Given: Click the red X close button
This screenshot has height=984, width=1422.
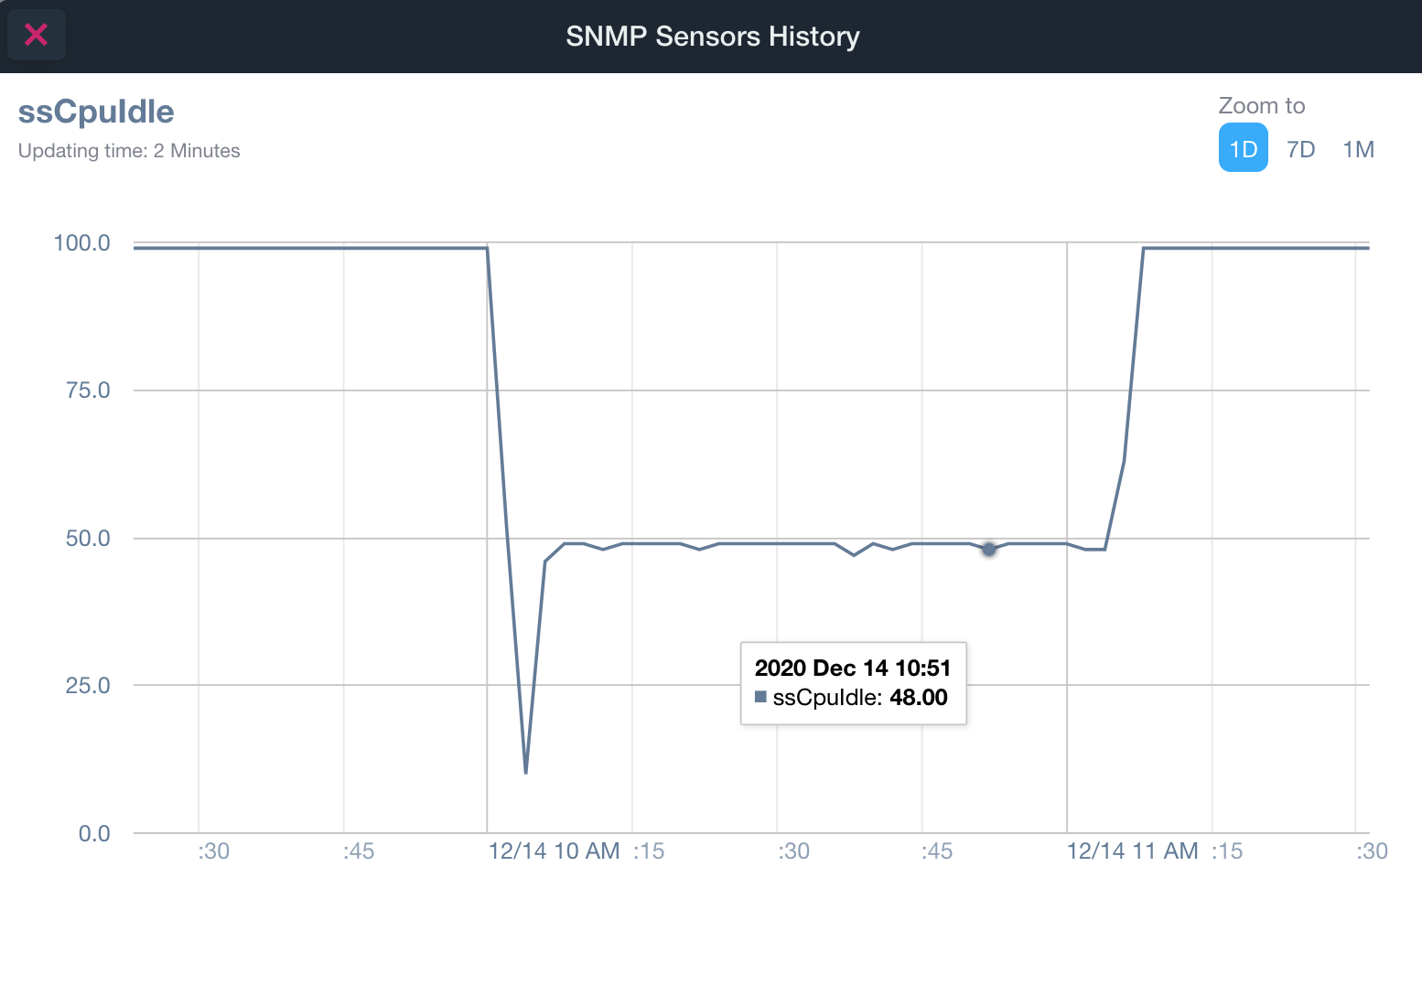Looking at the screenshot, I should click(36, 35).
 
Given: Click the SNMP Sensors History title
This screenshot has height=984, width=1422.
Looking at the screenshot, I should click(712, 37).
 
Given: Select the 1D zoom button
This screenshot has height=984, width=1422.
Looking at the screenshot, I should click(1243, 149).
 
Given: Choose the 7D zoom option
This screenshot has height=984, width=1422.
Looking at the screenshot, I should click(1300, 149).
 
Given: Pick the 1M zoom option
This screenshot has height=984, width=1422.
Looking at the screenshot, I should click(1358, 149).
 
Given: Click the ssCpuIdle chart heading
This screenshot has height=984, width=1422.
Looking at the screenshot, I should click(96, 112).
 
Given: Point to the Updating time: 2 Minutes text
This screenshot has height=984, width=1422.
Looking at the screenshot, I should click(129, 151).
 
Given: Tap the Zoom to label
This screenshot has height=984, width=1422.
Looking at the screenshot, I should click(1261, 106).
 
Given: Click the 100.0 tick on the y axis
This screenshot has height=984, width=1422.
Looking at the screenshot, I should click(81, 243).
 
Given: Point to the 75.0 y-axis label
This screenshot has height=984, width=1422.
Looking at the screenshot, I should click(88, 390).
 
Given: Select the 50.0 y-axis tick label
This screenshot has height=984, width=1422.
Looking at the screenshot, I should click(88, 539).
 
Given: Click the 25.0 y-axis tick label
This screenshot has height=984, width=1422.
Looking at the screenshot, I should click(88, 686).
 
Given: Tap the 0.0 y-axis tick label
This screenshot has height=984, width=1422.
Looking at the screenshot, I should click(94, 834).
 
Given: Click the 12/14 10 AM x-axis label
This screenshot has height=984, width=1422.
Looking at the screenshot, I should click(554, 851).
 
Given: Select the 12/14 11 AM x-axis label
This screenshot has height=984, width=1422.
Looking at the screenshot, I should click(1132, 851).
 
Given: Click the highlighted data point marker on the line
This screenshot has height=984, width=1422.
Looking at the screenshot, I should click(989, 549).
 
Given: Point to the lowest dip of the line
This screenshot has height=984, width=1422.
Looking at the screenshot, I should click(525, 773).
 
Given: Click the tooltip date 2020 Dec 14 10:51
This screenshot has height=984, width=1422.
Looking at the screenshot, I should click(853, 668).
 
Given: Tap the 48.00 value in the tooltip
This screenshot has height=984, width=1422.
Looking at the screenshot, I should click(919, 698).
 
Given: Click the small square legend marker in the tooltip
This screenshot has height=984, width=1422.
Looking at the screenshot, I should click(760, 697).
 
